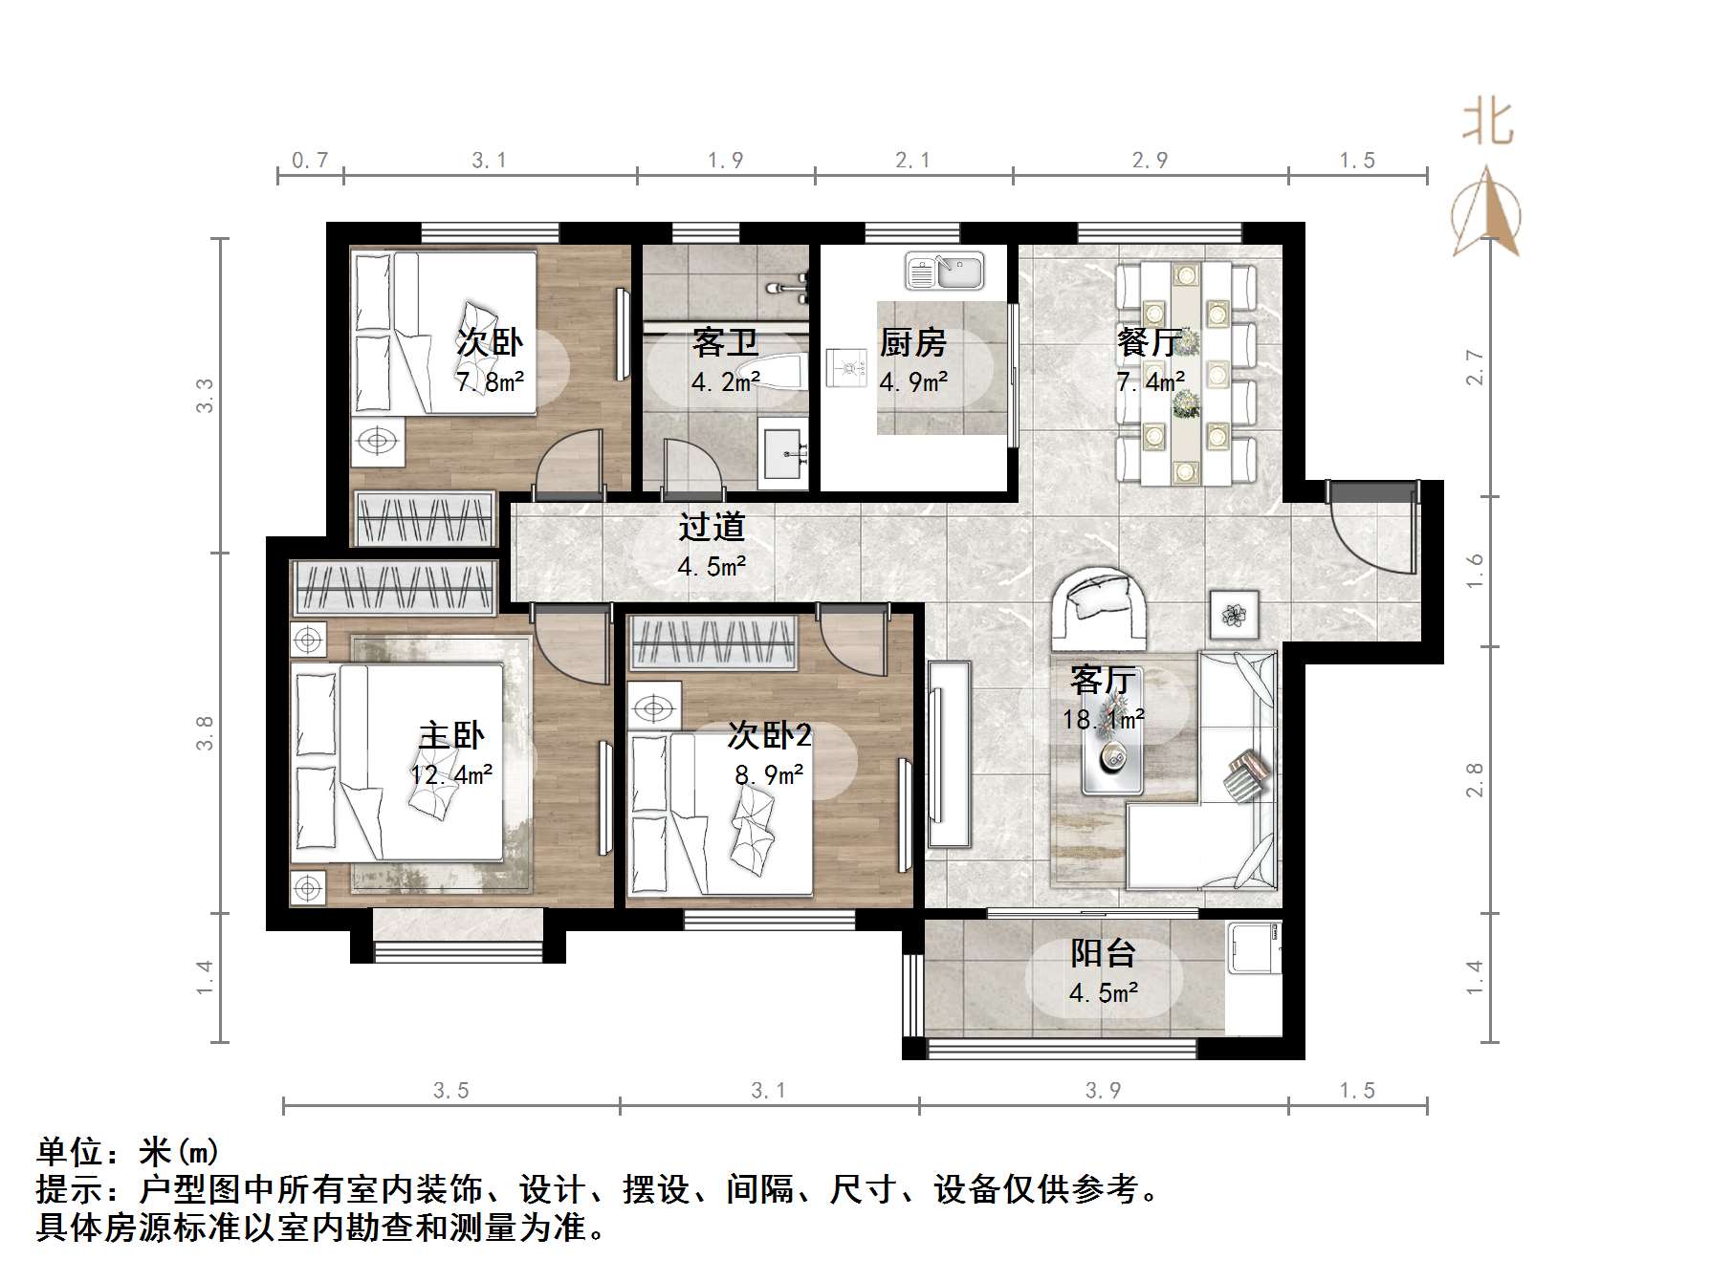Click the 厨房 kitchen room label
click(x=912, y=341)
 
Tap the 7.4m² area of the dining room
click(x=1151, y=382)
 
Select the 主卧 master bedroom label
click(x=451, y=734)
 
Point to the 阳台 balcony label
click(x=1103, y=952)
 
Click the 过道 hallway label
click(x=712, y=527)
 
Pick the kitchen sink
click(x=944, y=271)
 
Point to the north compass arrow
click(x=1485, y=212)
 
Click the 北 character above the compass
click(x=1487, y=122)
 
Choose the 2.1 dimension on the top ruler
click(x=912, y=161)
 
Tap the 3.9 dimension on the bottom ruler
click(x=1103, y=1090)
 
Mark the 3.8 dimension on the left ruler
click(x=205, y=733)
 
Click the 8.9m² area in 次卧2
click(x=769, y=774)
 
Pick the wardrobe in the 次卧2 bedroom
click(x=712, y=641)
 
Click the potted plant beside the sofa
click(x=1234, y=614)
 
